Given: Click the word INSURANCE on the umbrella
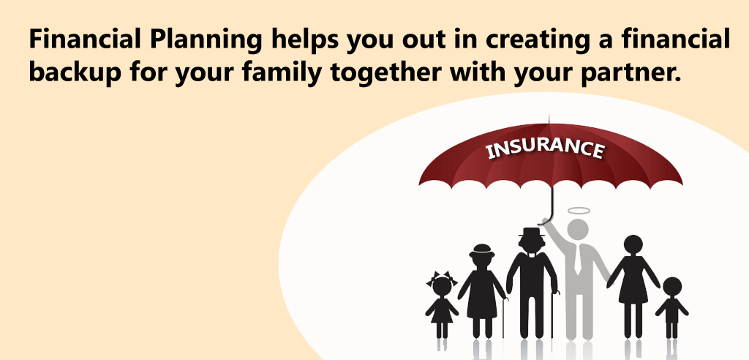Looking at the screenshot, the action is point(545,149).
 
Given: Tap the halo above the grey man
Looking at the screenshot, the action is point(579,210).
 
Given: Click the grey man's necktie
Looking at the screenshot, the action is point(578,260).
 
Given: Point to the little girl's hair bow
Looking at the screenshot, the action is point(442,277).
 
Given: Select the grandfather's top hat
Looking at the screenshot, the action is point(532,233).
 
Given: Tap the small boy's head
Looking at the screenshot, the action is point(672,286).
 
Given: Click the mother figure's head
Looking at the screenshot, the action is point(633,245).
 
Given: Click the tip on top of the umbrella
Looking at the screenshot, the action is point(549,118).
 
